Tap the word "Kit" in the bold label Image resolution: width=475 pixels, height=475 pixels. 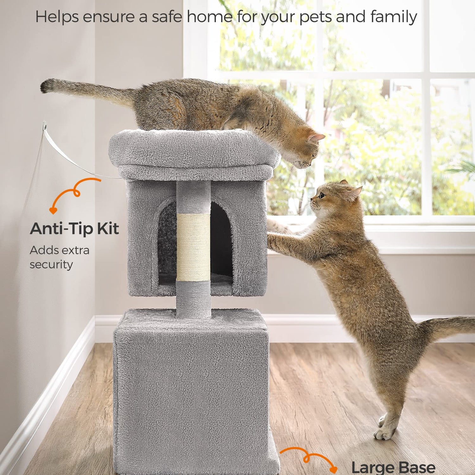108,228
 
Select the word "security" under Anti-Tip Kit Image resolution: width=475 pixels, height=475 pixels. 51,264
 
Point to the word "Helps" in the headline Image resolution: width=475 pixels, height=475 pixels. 57,17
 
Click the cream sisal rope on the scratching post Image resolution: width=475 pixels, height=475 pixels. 193,247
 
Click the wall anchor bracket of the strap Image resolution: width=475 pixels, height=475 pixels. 45,126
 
